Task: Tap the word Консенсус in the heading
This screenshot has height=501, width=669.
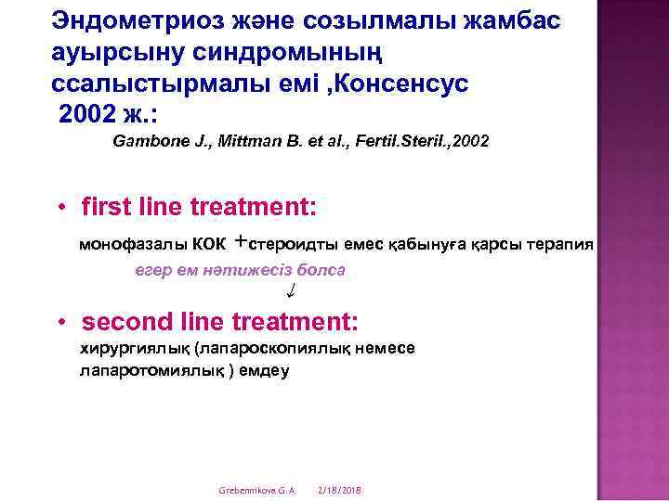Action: coord(401,83)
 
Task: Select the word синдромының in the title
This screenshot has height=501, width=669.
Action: coord(287,54)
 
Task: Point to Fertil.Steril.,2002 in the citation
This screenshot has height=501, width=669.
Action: coord(422,141)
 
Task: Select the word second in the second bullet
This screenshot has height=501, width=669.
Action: coord(127,322)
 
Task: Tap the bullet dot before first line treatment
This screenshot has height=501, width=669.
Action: coord(63,208)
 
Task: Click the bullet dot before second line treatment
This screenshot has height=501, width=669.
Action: coord(62,322)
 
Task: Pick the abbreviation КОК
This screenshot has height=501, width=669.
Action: coord(209,245)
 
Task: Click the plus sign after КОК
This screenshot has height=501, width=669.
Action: coord(241,242)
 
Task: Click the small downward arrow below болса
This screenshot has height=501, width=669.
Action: coord(292,290)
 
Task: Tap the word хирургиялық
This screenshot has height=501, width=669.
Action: coord(135,350)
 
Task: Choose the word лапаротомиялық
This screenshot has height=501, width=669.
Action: coord(151,371)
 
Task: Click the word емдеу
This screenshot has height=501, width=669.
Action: coord(264,370)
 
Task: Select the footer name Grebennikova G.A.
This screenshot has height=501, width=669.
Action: coord(257,491)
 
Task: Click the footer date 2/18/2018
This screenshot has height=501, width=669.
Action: coord(340,491)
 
